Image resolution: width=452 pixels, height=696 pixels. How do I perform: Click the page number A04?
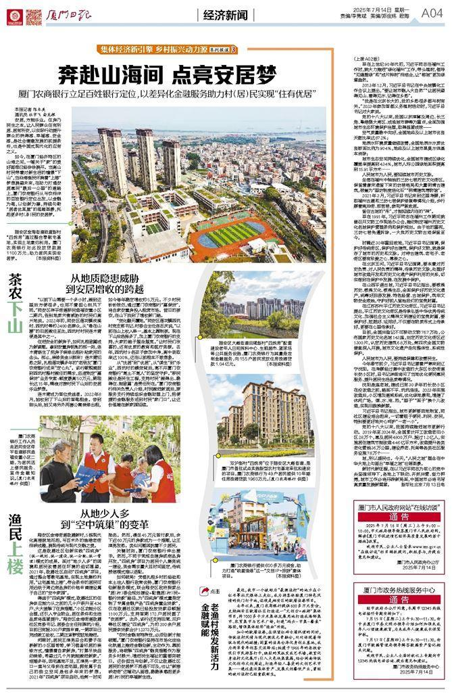(x=431, y=12)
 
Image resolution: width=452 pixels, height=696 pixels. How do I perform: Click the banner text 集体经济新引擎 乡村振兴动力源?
(x=162, y=49)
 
